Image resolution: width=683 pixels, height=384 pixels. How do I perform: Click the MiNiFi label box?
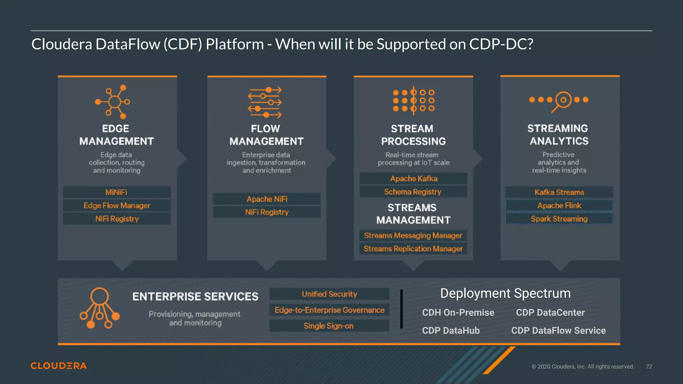tap(117, 192)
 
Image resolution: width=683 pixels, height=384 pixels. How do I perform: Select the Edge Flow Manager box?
tap(117, 206)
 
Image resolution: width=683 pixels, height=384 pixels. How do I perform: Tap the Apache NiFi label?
tap(267, 199)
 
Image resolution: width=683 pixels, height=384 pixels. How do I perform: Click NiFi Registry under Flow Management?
tap(267, 212)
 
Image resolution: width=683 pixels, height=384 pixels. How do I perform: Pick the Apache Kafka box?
tap(414, 179)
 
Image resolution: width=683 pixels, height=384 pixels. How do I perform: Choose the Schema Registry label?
tap(413, 192)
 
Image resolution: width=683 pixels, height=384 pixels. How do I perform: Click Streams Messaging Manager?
tap(413, 236)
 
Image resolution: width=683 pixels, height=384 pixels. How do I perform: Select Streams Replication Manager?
tap(413, 249)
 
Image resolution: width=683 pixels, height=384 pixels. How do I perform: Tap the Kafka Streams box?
tap(559, 192)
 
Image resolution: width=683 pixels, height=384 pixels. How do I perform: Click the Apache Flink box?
tap(559, 206)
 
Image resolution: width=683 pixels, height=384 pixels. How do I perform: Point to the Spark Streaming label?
tap(559, 219)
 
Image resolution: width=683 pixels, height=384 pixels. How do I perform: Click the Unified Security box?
tap(329, 294)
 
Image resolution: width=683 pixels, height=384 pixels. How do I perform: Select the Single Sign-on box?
tap(329, 326)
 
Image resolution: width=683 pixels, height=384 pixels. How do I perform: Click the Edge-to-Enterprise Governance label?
tap(329, 310)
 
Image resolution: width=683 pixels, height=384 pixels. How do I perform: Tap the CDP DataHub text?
tap(451, 330)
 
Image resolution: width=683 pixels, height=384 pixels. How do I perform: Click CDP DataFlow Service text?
tap(559, 330)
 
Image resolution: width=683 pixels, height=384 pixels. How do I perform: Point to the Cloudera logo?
tap(59, 366)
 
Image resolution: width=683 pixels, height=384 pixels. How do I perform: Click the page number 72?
tap(649, 367)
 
